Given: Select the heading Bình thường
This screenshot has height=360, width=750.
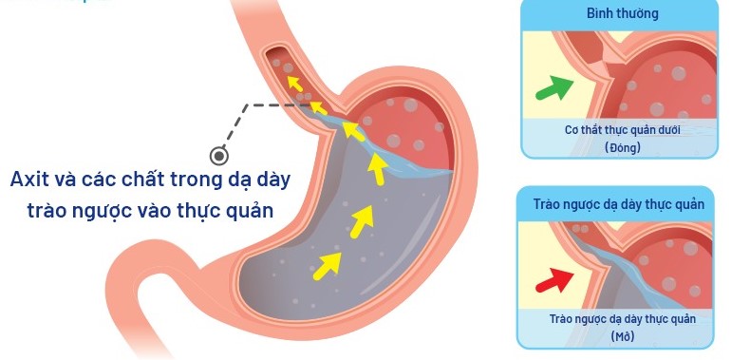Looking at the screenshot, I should click(x=622, y=14).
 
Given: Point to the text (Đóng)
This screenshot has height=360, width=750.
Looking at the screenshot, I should click(x=623, y=147).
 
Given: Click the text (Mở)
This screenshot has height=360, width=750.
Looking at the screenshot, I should click(x=622, y=335).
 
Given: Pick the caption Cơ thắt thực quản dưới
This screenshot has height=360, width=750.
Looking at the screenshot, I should click(x=623, y=130).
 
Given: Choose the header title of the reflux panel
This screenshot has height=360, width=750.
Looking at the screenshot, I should click(x=623, y=204).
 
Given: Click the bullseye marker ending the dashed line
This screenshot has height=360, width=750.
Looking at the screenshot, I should click(x=218, y=155).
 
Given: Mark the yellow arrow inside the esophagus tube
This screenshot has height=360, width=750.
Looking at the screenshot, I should click(x=296, y=84).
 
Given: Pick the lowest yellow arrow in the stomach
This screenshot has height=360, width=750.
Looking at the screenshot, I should click(x=327, y=264).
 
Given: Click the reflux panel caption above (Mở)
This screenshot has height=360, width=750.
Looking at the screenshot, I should click(x=623, y=319).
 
